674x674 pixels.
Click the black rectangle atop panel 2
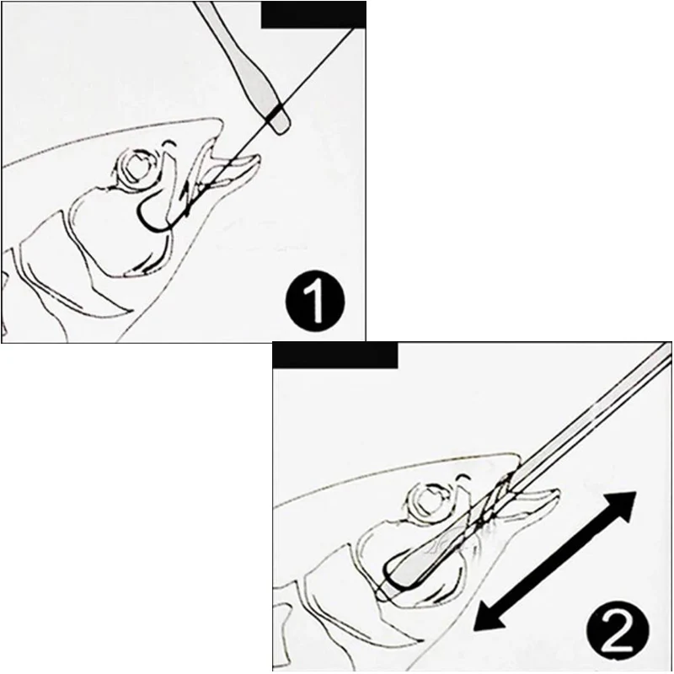tap(335, 355)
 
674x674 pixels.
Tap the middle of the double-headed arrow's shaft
tap(553, 562)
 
